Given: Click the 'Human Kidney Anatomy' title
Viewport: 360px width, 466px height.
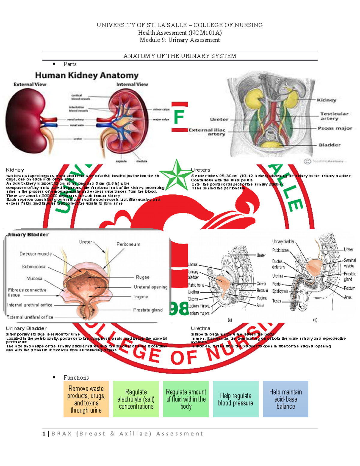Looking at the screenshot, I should coord(87,75).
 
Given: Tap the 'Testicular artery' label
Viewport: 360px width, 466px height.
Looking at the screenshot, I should coord(334,116).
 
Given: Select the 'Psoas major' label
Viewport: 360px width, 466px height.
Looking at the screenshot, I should coord(335,128).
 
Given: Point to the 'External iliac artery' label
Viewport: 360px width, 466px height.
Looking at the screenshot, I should coord(207,132).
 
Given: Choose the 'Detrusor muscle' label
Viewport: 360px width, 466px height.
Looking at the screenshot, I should coord(35,254).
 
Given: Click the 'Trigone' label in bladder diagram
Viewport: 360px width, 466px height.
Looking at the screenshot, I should coord(140,297).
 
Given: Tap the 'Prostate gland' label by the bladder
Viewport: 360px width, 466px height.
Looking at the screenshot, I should coord(148,310).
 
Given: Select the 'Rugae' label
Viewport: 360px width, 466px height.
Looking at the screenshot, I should coord(142,277).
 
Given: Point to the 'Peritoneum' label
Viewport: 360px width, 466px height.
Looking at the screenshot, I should coord(128,244).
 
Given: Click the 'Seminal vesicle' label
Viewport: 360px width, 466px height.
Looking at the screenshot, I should coord(349,263).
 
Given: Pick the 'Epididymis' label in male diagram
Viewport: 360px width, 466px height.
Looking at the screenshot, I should coord(280,291).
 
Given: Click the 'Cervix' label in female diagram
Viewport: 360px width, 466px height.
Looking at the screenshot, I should coord(261,284).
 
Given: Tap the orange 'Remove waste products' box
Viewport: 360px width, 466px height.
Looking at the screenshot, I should coord(86,399).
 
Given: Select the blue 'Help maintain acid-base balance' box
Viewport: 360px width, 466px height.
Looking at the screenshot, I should coord(285,399).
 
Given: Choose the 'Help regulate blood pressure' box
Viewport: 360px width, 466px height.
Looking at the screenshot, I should coord(235,399).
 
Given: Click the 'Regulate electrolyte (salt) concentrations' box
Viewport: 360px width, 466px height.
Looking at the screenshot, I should coord(136,399).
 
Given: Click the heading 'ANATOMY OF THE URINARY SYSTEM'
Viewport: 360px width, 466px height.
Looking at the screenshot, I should coord(179,56).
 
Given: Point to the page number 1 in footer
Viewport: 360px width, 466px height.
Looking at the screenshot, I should coord(44,434).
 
